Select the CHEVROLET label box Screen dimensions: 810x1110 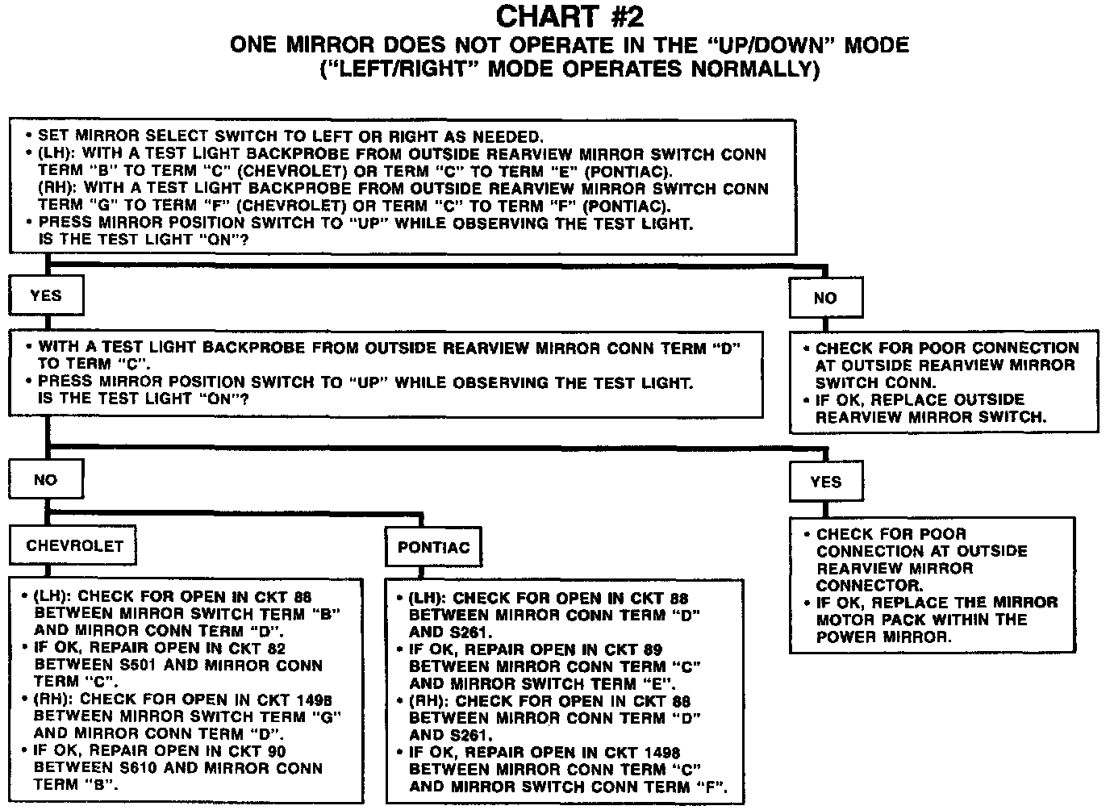[x=74, y=546]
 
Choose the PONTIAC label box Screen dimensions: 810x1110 [x=433, y=548]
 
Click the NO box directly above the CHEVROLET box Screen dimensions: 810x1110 [x=45, y=480]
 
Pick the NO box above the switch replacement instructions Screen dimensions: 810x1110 [x=825, y=299]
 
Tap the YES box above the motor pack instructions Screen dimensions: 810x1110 [x=826, y=482]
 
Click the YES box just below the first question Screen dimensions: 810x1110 [x=46, y=296]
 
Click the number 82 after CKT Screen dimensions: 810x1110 [x=274, y=648]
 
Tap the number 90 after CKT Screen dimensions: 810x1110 [x=274, y=751]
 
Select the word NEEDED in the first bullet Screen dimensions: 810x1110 [x=511, y=136]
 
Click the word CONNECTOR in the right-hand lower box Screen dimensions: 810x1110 [x=857, y=586]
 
